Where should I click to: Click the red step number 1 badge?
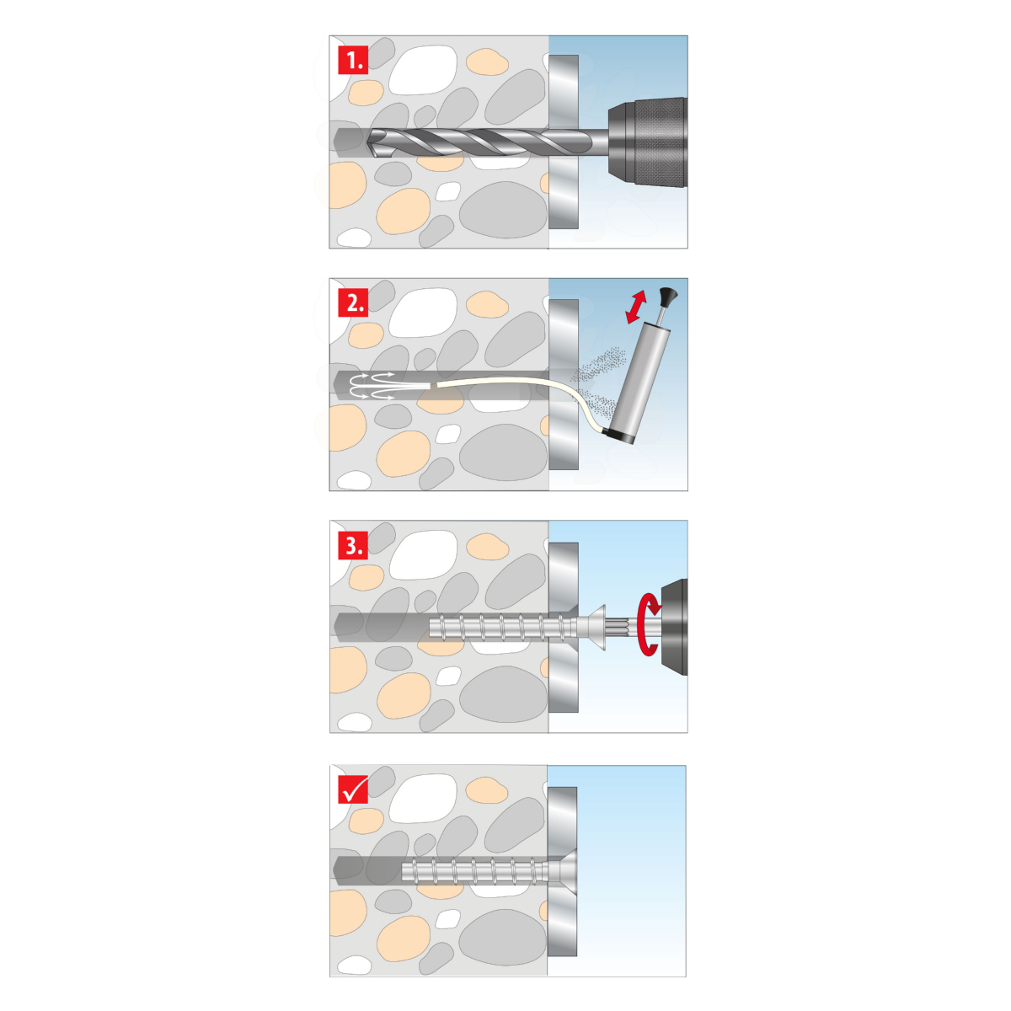[352, 60]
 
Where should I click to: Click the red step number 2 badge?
[352, 302]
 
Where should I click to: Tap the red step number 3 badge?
[352, 546]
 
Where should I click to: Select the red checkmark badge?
[352, 789]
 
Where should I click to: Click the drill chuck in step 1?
[647, 142]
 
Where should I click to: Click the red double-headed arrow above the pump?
[636, 307]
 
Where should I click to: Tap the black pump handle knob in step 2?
[668, 295]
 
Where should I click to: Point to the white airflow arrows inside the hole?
[372, 386]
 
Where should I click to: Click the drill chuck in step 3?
[674, 627]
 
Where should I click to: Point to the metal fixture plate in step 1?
[564, 142]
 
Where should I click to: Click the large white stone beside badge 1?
[423, 70]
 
